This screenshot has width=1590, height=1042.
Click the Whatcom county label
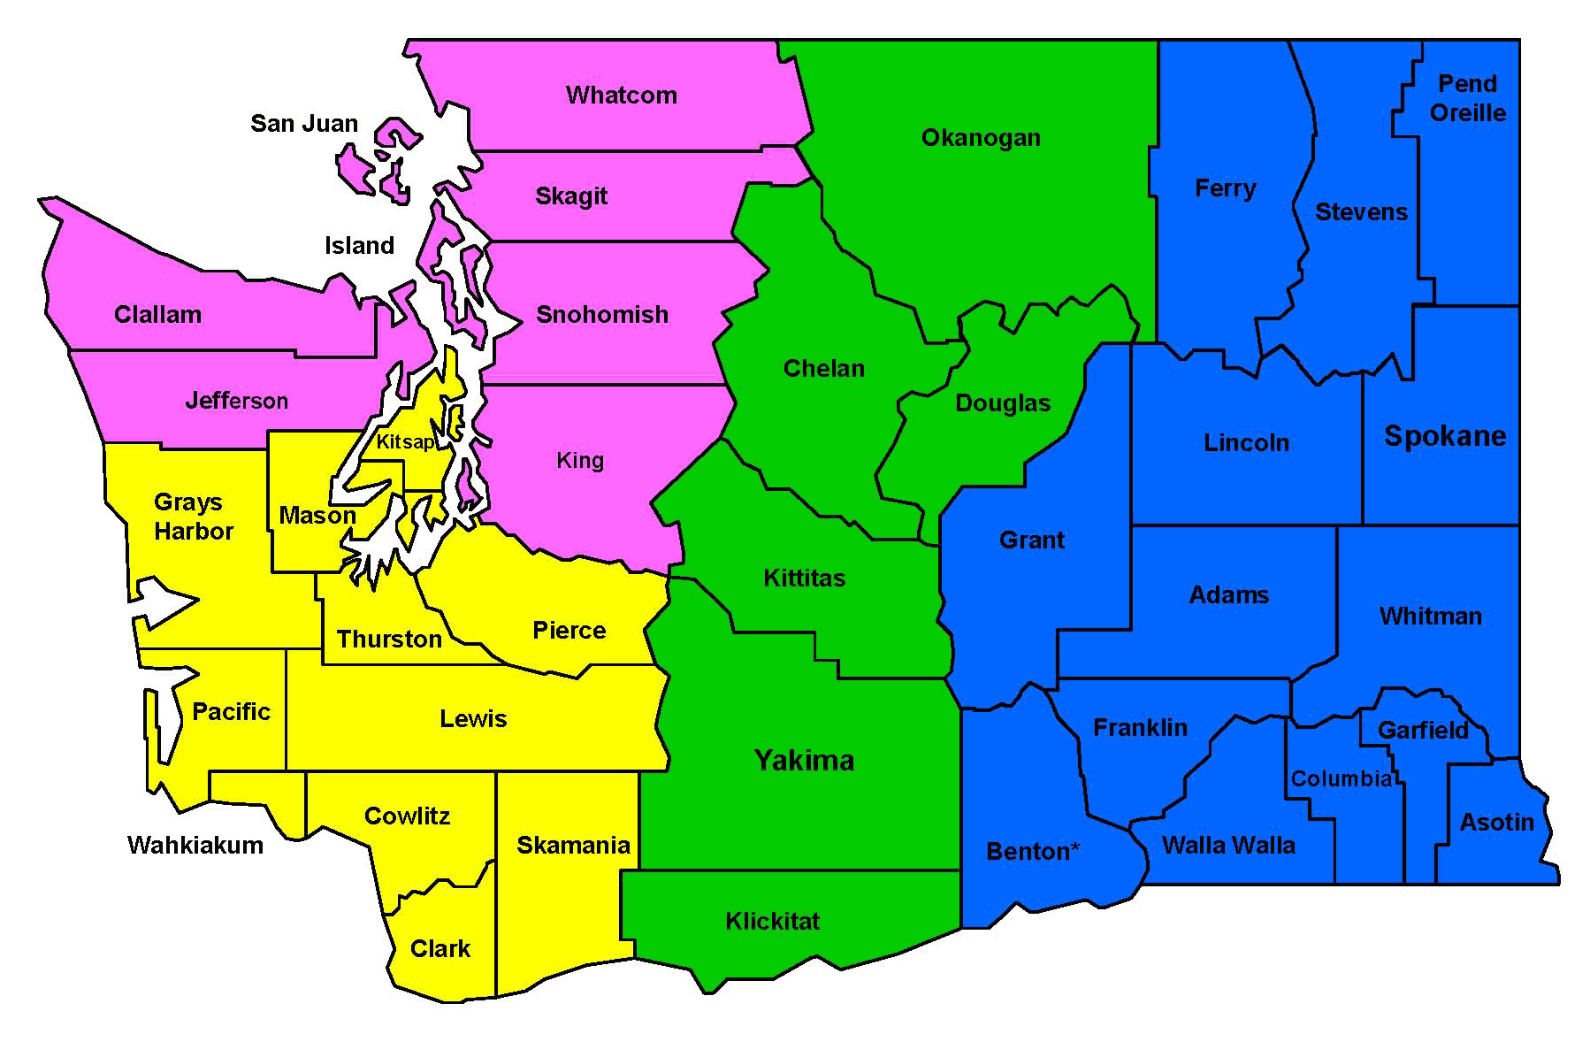pos(621,96)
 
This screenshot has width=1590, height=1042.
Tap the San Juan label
pos(304,124)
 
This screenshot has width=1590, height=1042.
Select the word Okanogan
pos(981,138)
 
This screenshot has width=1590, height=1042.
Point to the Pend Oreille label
pos(1468,98)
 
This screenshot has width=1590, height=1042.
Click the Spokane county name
pos(1445,436)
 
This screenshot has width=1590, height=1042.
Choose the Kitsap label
pos(405,442)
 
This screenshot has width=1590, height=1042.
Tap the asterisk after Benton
pos(1075,848)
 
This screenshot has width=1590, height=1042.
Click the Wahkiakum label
pos(195,846)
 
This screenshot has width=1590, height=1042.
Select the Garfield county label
pos(1423,731)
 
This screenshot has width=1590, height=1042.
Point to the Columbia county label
pos(1342,779)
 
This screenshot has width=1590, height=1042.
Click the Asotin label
pos(1496,823)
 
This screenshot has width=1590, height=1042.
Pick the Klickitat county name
pos(772,922)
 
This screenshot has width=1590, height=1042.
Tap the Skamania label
pos(573,846)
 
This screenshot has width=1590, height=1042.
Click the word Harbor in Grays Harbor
pos(194,532)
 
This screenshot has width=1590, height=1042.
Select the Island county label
pos(359,246)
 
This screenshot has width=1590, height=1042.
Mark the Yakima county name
pos(804,761)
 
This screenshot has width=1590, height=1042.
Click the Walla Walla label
pos(1228,846)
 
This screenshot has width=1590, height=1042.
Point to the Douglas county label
pos(1003,404)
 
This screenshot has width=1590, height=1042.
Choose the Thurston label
pos(389,640)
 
